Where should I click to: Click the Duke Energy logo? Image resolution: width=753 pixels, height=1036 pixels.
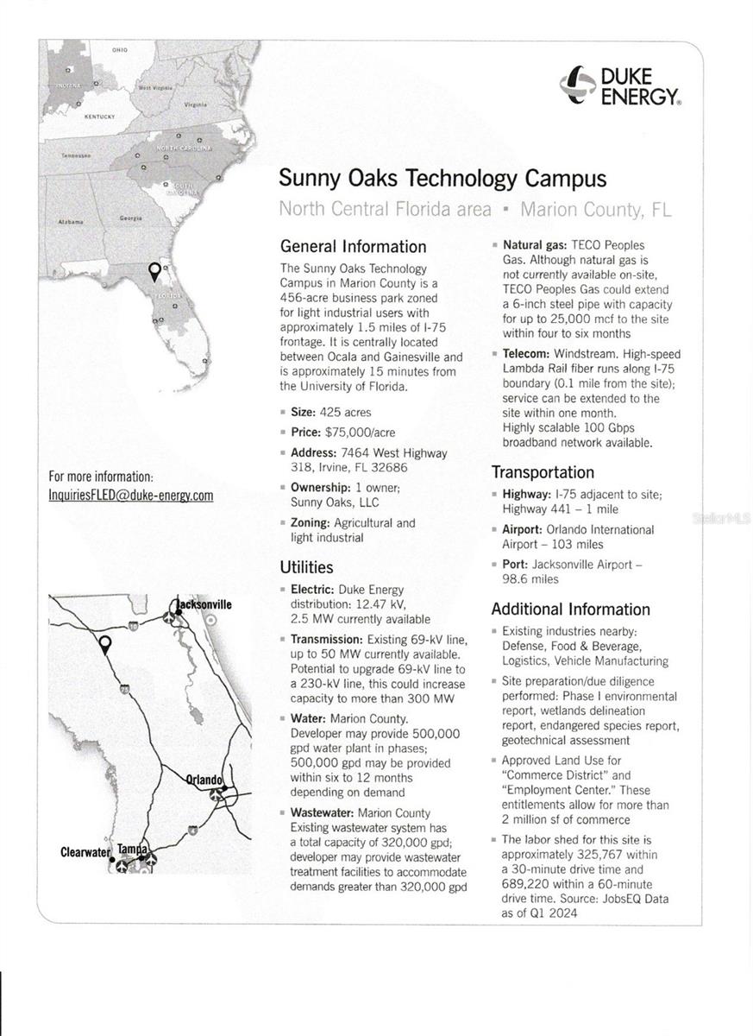pos(618,86)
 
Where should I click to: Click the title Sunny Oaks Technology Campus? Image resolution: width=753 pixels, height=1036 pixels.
pos(442,179)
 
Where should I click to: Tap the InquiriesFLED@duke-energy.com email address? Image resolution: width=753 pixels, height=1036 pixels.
pos(130,496)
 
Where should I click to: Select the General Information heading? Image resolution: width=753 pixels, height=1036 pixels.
pos(353,247)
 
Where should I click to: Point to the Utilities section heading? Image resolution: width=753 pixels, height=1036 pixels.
pos(306,567)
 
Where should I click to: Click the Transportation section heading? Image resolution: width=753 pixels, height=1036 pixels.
pos(543,472)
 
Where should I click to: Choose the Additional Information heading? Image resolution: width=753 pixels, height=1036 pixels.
pos(570,610)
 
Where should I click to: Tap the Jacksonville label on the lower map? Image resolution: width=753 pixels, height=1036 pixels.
pos(204,604)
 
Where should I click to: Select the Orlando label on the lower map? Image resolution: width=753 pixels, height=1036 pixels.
pos(204,780)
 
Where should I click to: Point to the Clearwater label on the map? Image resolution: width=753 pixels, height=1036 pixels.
pos(85,852)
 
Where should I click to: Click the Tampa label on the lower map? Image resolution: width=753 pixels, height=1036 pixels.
pos(132,849)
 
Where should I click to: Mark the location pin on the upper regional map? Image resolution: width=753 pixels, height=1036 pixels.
pos(154,272)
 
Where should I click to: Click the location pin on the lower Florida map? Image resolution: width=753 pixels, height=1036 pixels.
pos(104,644)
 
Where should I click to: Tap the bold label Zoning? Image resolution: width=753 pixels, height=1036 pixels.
pos(310,523)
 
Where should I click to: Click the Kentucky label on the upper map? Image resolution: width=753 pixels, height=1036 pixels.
pos(100,115)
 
